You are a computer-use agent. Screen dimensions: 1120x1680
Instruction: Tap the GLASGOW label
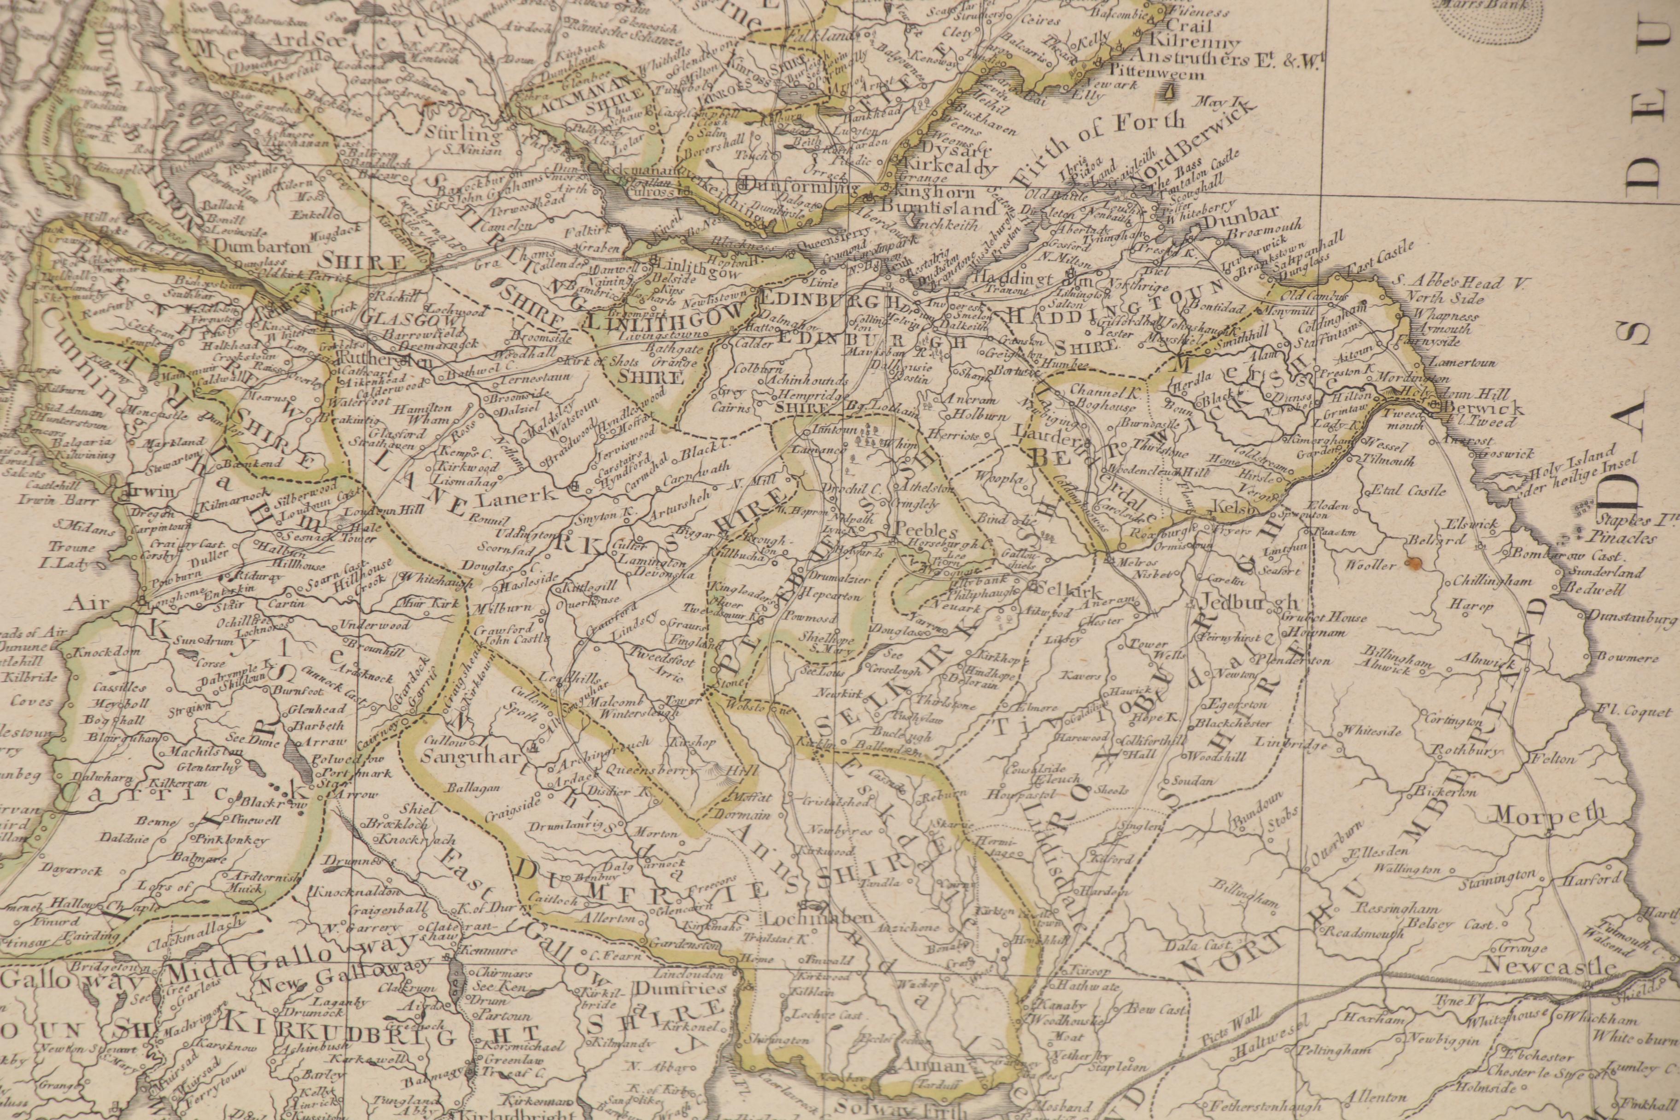[394, 318]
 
